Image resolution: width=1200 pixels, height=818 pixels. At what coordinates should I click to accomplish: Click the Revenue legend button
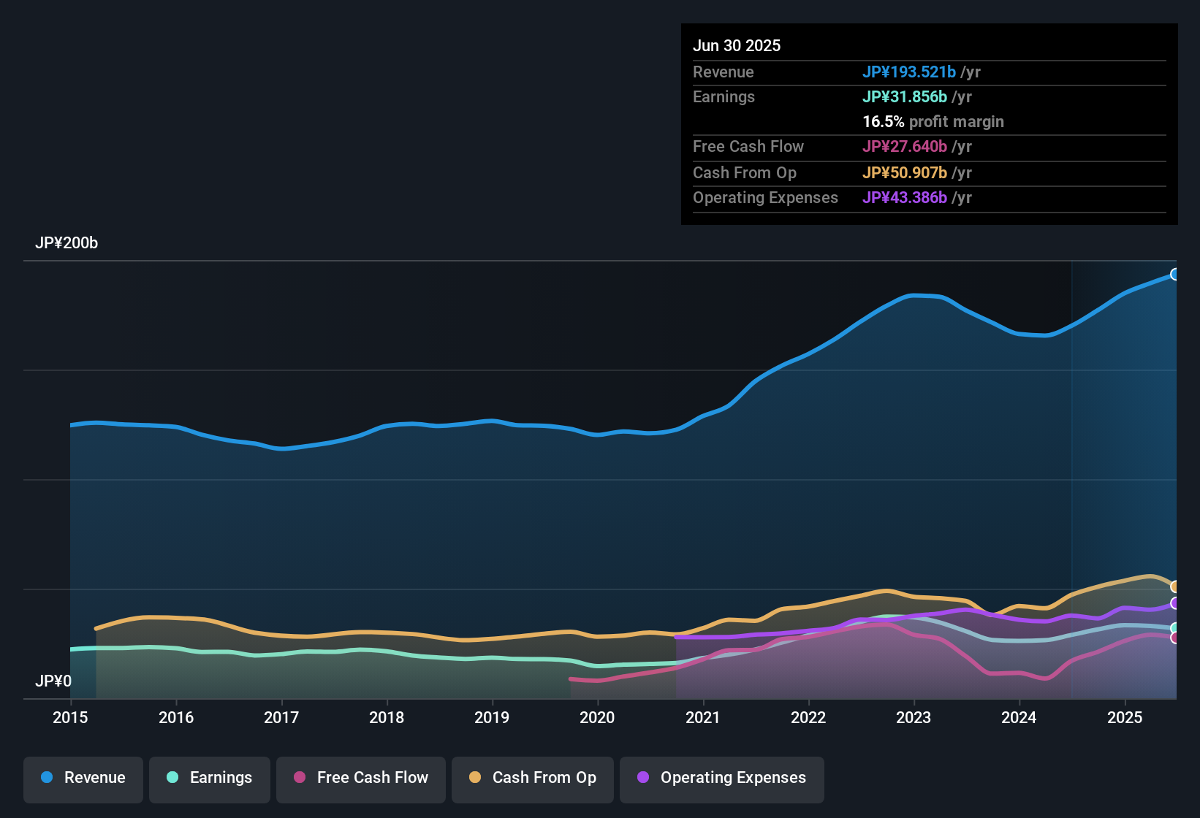(x=83, y=778)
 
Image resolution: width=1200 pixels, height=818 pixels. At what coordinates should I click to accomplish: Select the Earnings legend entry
(x=210, y=778)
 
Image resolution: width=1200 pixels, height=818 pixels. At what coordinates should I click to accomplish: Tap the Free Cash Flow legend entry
(x=361, y=778)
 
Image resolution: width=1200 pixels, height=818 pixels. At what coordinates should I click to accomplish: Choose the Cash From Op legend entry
(x=533, y=778)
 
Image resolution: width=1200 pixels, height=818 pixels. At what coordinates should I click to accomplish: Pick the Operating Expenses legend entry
(x=722, y=778)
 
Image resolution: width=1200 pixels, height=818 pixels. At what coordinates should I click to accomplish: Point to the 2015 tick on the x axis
(x=70, y=717)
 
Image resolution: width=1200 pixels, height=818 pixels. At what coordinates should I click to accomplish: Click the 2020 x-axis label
(x=597, y=717)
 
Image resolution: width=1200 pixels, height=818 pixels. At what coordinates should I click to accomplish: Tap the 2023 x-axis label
(x=914, y=717)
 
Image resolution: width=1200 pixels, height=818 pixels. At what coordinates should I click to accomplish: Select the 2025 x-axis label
(x=1125, y=717)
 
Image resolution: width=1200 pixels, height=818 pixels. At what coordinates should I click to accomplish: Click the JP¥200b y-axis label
(x=67, y=243)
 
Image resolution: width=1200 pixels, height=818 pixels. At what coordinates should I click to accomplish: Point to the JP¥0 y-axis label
(x=53, y=681)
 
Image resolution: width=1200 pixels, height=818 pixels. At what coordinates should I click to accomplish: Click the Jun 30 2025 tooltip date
(x=737, y=46)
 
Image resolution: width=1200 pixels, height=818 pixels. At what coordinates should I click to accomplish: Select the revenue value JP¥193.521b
(x=908, y=72)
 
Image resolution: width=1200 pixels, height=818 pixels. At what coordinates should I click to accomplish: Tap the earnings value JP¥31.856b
(x=904, y=97)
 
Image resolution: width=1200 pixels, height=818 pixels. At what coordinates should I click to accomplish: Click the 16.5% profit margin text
(x=933, y=122)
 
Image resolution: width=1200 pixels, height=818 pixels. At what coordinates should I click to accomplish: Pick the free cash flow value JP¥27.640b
(x=904, y=147)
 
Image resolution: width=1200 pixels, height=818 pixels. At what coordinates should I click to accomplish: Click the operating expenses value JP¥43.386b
(x=904, y=198)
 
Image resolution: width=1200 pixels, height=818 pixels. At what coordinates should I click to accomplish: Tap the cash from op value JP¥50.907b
(x=904, y=173)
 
